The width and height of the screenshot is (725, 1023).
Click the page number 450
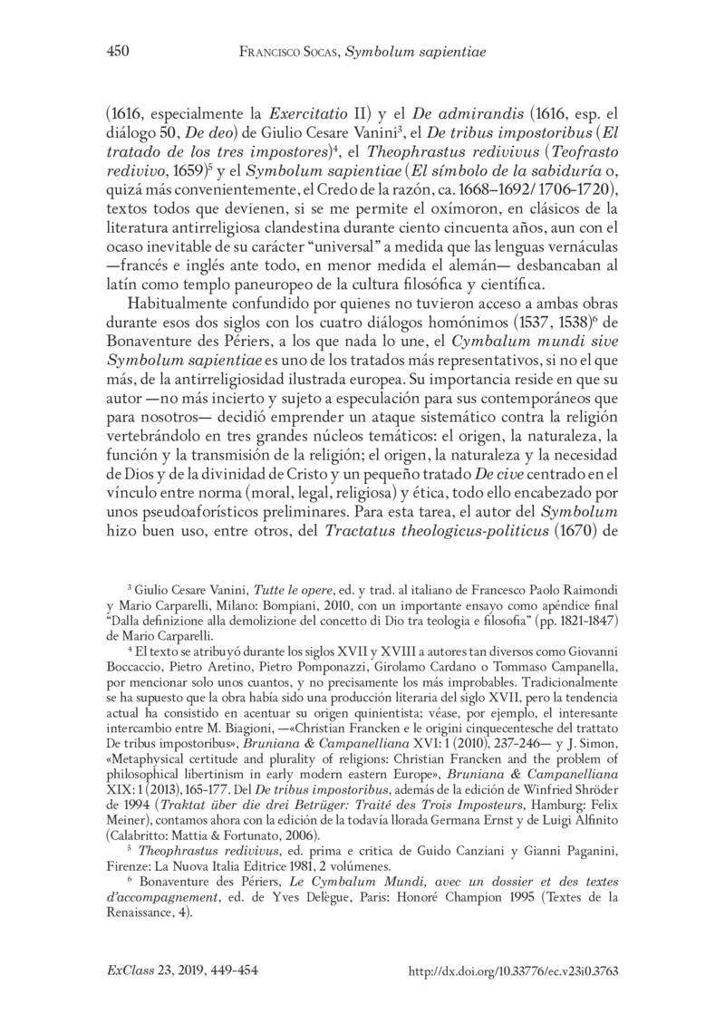[108, 53]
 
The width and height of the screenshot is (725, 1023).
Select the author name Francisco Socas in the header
[302, 53]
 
